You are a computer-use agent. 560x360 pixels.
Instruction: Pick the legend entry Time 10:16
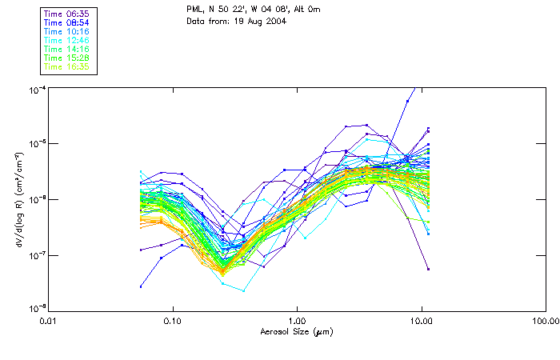68,32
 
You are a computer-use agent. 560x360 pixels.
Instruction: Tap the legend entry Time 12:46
68,41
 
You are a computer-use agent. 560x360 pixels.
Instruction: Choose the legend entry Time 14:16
68,50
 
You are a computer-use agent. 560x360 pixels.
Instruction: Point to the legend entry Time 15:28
68,58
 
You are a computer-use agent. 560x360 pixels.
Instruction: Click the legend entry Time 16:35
68,66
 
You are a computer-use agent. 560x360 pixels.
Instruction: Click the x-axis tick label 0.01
50,321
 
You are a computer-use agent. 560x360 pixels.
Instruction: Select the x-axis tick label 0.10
173,321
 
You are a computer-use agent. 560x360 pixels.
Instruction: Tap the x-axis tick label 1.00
298,321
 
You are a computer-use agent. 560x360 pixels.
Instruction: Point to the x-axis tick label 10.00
422,321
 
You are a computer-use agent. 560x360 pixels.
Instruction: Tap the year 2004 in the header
274,21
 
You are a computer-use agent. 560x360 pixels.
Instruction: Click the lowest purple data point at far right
428,270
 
